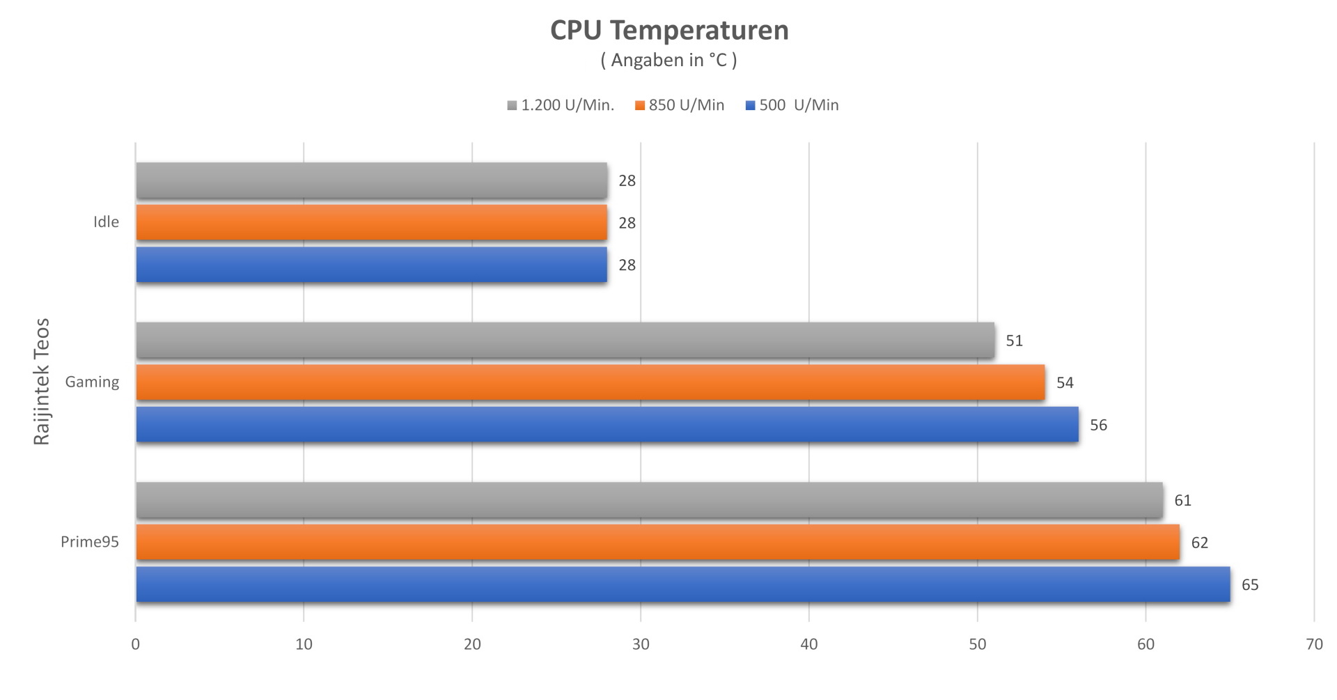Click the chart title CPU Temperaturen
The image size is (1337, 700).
[x=669, y=31]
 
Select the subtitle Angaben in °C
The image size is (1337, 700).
[x=668, y=61]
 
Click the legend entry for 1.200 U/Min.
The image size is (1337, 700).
[x=561, y=105]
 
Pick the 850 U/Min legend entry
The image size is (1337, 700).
[x=680, y=105]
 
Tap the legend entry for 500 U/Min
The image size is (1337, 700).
[x=792, y=105]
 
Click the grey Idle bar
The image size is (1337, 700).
[x=371, y=180]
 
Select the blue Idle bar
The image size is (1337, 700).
[x=371, y=265]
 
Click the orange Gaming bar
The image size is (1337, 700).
[x=590, y=382]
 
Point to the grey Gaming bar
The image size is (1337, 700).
[x=565, y=341]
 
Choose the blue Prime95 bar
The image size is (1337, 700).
[x=682, y=584]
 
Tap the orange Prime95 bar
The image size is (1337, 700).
[x=657, y=543]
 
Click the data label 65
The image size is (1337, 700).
[x=1250, y=585]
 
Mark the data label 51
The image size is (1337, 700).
[x=1014, y=341]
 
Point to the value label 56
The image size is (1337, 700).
[x=1098, y=426]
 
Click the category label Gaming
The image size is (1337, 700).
[x=92, y=382]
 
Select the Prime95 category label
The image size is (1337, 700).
[x=90, y=542]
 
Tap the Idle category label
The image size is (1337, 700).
[x=106, y=222]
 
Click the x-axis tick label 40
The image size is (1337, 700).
[x=808, y=644]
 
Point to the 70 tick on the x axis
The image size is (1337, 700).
[x=1313, y=644]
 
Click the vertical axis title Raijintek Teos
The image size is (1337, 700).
[x=42, y=382]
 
